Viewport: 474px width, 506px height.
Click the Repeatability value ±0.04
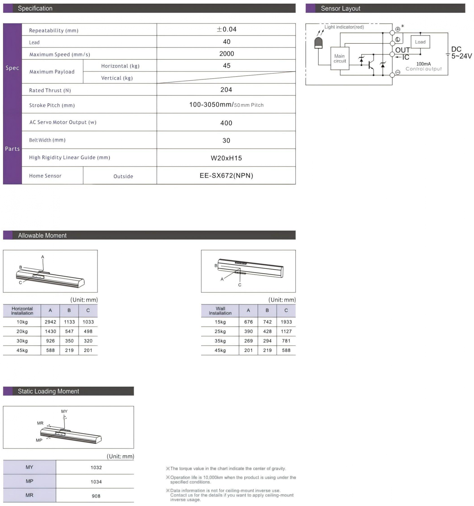tap(226, 29)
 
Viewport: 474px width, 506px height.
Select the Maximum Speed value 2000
tap(226, 54)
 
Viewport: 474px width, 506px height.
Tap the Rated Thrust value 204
tap(226, 90)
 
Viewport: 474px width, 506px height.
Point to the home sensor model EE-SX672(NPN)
tap(226, 176)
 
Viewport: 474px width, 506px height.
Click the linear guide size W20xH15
tap(226, 158)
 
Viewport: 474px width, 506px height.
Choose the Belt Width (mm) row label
tap(47, 140)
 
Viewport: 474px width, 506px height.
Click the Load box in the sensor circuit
tap(420, 42)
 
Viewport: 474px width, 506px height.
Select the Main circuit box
tap(340, 59)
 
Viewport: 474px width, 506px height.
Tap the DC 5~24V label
tap(461, 53)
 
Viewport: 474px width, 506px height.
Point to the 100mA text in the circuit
tap(423, 64)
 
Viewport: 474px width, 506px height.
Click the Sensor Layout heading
tap(340, 8)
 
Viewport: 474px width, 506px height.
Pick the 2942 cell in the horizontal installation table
tap(50, 322)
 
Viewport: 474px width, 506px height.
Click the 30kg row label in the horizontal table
tap(22, 341)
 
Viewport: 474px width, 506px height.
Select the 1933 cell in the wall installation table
tap(286, 322)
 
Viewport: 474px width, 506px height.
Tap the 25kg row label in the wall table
tap(220, 331)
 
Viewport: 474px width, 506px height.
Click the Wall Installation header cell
tap(220, 311)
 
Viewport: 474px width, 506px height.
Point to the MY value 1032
tap(96, 468)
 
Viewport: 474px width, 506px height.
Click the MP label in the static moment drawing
tap(39, 440)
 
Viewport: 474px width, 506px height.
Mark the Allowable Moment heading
tap(42, 235)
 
